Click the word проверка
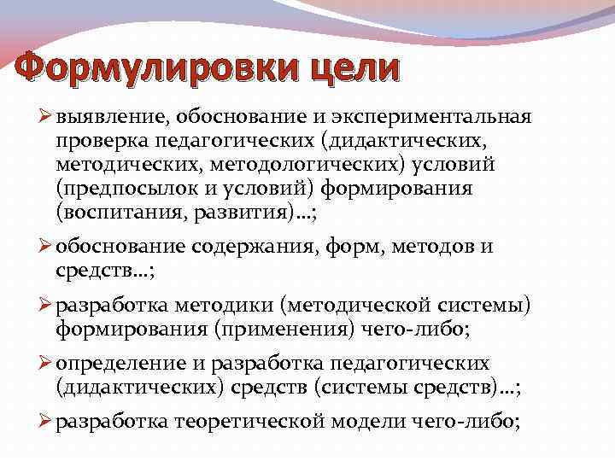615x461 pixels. pos(95,139)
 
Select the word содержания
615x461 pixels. pos(251,248)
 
